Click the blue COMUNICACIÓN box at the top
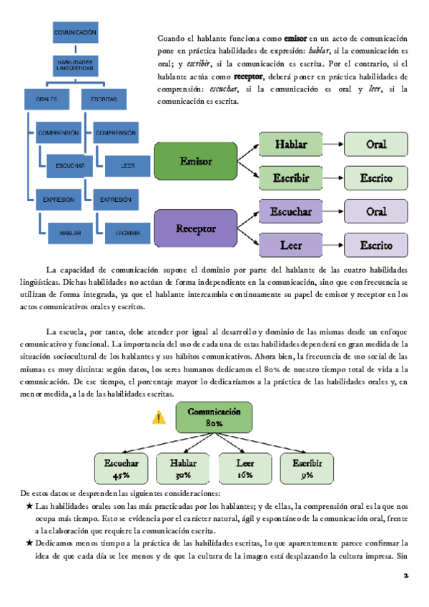76,33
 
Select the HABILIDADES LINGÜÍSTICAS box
76,65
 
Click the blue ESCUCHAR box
71,166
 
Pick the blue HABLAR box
71,232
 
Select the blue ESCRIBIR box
127,232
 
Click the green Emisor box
196,161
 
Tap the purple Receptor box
196,228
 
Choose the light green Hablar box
291,145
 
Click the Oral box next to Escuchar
376,212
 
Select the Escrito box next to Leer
376,246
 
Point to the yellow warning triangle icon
159,418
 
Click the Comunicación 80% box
214,417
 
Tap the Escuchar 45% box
121,467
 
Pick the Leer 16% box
245,467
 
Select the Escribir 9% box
307,467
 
